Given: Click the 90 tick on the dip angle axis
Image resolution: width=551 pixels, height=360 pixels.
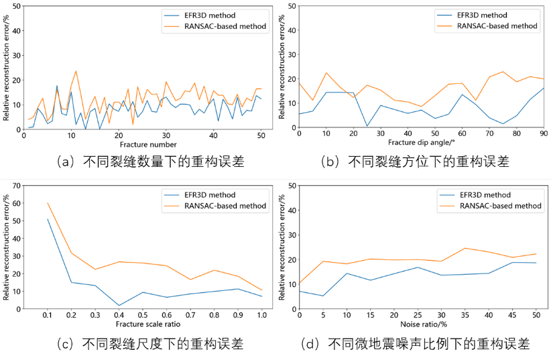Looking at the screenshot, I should (543, 134).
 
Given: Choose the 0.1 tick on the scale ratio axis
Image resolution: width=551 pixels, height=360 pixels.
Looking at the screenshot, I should (48, 314).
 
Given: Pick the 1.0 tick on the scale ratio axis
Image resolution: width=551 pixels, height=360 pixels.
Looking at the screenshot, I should (261, 314).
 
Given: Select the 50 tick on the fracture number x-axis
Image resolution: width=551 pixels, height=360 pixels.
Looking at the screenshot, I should (261, 134).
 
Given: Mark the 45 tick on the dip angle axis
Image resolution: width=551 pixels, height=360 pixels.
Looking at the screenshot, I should (421, 134).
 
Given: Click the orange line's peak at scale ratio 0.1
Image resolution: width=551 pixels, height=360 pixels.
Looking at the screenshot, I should (48, 203).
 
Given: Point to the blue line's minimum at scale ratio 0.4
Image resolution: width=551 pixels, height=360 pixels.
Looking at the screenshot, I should (119, 306).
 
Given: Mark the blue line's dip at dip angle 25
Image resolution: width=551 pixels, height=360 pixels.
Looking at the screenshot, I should (367, 126).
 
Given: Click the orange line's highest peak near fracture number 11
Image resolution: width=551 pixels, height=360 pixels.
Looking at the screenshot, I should (76, 71).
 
